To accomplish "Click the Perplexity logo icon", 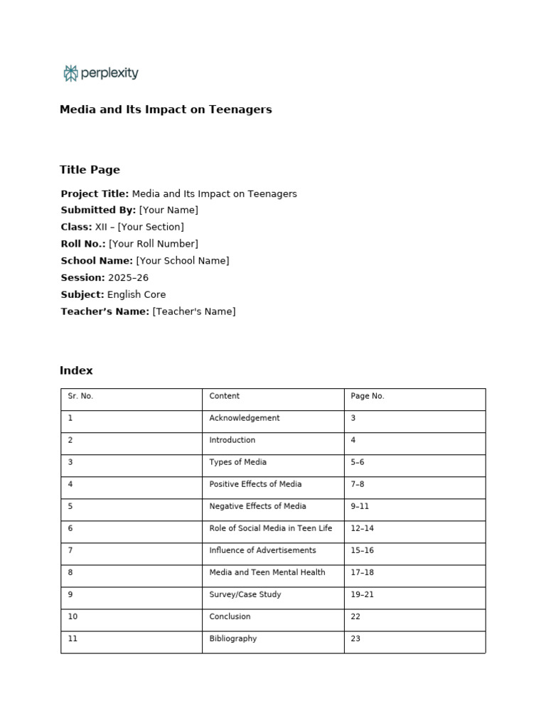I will pos(70,73).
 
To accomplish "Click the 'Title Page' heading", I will pos(90,170).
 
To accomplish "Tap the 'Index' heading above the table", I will pos(76,371).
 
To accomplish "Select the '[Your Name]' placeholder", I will pos(168,210).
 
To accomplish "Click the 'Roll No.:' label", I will pos(83,244).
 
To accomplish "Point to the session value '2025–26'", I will pos(128,278).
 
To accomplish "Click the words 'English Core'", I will pos(136,294).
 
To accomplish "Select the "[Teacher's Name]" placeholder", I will pos(193,311).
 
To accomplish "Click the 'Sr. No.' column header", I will pos(80,397).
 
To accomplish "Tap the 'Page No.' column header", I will pos(368,397).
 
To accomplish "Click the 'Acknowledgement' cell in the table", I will pos(245,419).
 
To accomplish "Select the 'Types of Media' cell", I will pos(238,463).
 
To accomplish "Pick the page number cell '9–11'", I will pos(360,507).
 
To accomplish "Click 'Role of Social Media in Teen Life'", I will pos(271,529).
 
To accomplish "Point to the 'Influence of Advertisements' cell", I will pos(263,551).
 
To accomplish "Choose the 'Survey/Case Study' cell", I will pos(245,595).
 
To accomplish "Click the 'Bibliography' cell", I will pos(233,639).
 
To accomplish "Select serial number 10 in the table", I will pos(73,617).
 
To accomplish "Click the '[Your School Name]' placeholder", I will pos(183,261).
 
